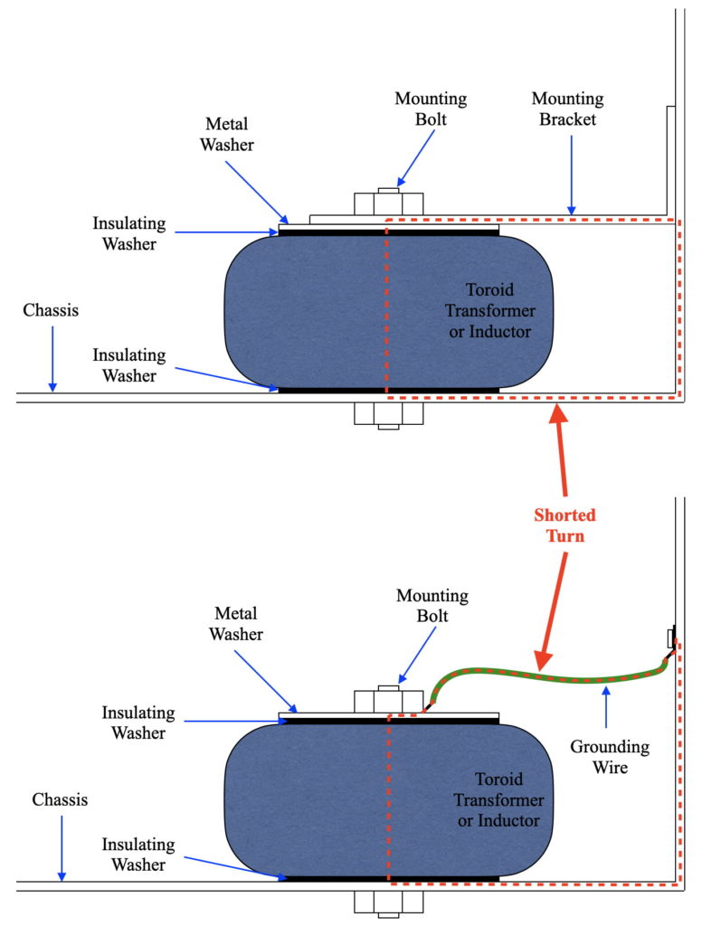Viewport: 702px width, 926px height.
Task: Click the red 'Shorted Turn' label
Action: [x=564, y=525]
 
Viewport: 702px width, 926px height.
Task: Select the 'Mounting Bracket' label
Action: [x=568, y=109]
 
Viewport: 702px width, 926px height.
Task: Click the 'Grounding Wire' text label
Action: [x=610, y=757]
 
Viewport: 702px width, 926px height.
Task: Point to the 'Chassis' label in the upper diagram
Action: [x=51, y=310]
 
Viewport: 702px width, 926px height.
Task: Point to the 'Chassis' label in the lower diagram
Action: [x=60, y=799]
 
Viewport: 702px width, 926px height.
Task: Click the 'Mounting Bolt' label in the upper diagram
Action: [x=431, y=109]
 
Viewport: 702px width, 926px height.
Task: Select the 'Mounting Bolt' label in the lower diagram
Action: [x=432, y=605]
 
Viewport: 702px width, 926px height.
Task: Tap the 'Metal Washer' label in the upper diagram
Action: [x=227, y=134]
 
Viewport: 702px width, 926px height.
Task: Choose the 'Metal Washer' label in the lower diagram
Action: [x=236, y=624]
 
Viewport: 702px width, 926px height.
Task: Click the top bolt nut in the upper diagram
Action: [x=389, y=203]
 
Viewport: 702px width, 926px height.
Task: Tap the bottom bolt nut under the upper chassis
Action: [x=389, y=415]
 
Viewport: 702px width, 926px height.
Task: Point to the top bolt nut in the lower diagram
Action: [x=389, y=701]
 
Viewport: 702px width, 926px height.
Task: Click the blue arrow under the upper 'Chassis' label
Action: [x=52, y=358]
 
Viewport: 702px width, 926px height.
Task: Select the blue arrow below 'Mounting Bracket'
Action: [x=572, y=175]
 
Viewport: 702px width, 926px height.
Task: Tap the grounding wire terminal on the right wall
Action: [x=672, y=638]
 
